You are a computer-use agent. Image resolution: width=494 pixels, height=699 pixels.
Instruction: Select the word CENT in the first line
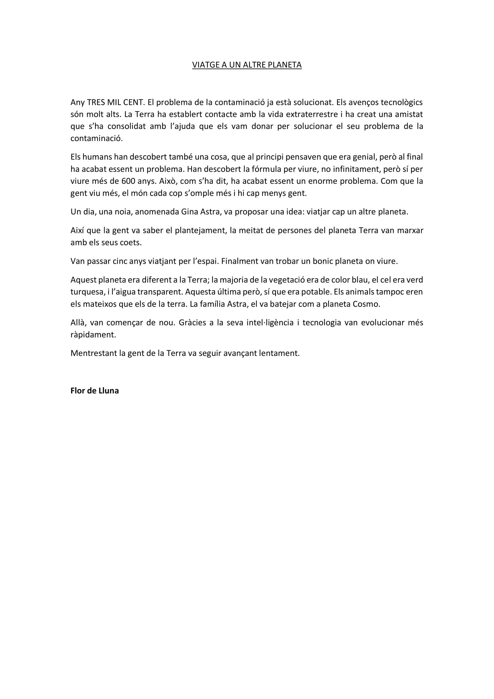click(x=133, y=102)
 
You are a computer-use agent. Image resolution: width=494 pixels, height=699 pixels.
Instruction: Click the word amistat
click(x=409, y=114)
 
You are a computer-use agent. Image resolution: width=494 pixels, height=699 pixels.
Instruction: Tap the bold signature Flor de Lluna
click(x=95, y=391)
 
